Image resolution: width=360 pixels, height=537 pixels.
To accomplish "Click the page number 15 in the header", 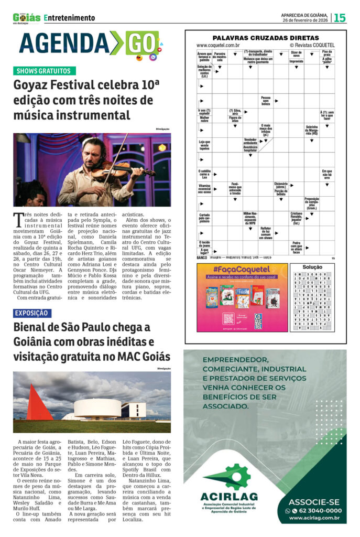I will pyautogui.click(x=340, y=17).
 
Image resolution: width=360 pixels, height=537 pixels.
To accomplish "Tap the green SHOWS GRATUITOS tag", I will pyautogui.click(x=45, y=71).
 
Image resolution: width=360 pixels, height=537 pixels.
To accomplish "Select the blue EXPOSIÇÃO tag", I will pyautogui.click(x=32, y=313).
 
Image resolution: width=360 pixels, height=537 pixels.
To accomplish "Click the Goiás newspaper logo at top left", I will pyautogui.click(x=27, y=18).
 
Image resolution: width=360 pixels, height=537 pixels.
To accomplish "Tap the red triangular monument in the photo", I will pyautogui.click(x=39, y=403).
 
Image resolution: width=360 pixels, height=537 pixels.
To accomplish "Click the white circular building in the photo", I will pyautogui.click(x=97, y=407).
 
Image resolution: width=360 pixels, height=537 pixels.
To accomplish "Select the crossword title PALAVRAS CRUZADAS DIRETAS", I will pyautogui.click(x=265, y=38).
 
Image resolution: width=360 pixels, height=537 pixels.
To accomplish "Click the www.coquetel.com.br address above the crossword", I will pyautogui.click(x=218, y=46).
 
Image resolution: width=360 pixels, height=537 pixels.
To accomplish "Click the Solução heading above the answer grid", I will pyautogui.click(x=313, y=267).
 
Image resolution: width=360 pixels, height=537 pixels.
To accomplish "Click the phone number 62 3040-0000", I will pyautogui.click(x=317, y=510).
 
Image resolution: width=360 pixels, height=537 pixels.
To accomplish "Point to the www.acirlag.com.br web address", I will pyautogui.click(x=314, y=518).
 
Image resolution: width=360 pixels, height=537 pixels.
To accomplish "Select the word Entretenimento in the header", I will pyautogui.click(x=70, y=18).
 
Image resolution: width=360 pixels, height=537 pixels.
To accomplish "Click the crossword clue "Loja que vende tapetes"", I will pyautogui.click(x=204, y=145).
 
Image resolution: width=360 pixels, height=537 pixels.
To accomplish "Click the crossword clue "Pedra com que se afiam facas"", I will pyautogui.click(x=297, y=247).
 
